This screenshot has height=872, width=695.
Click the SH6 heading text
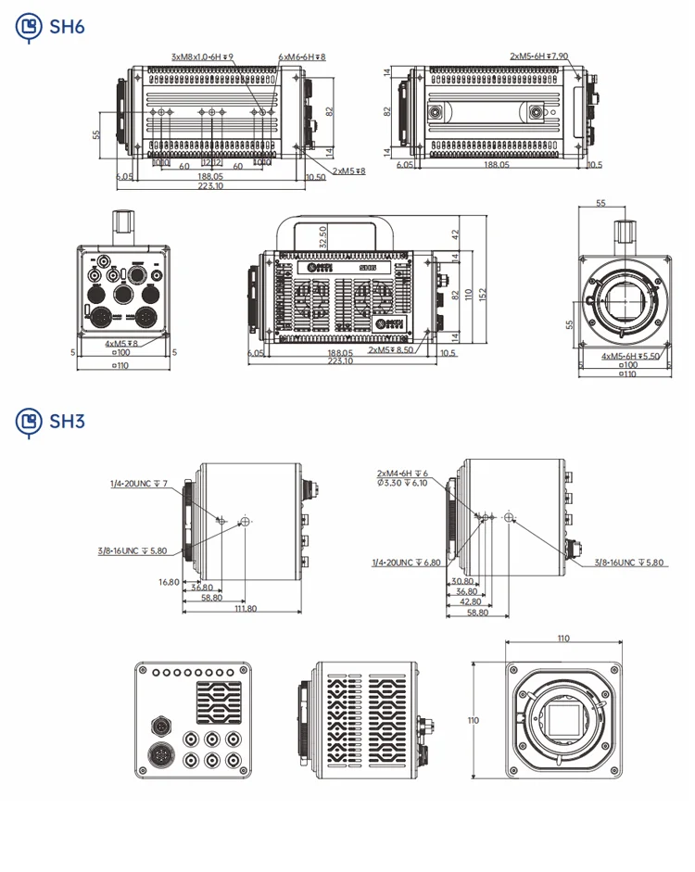68,27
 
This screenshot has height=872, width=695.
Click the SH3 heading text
68,422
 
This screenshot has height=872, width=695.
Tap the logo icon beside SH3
30,422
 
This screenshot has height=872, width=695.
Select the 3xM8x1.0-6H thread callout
202,57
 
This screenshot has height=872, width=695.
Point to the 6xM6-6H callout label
302,57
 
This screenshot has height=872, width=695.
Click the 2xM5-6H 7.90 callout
538,57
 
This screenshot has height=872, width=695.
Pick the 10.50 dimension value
314,177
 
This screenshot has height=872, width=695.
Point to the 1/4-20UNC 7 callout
139,484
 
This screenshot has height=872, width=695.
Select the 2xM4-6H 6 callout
402,473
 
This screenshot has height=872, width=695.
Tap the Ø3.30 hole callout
402,483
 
